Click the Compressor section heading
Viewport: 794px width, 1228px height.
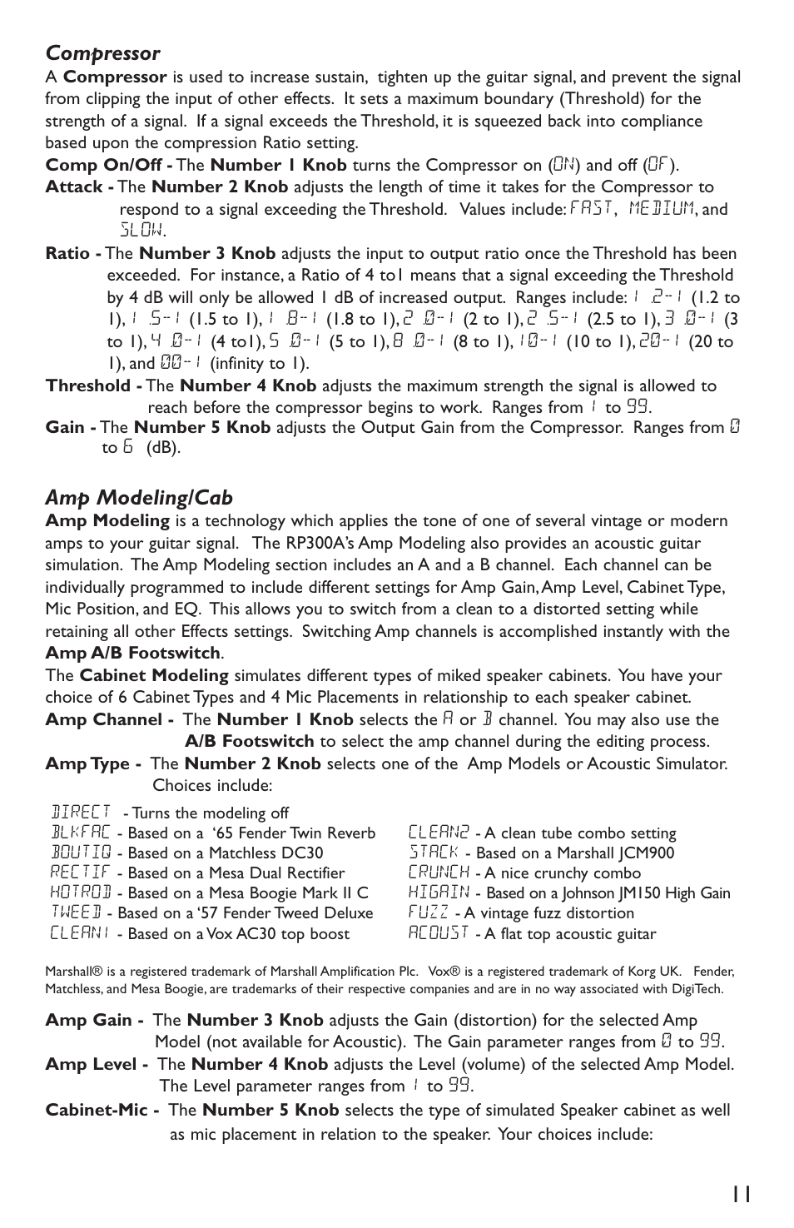pyautogui.click(x=102, y=53)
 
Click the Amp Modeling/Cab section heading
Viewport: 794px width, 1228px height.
pyautogui.click(x=139, y=498)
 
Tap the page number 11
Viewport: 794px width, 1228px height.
pyautogui.click(x=742, y=1194)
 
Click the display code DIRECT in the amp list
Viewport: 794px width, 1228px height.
pyautogui.click(x=81, y=812)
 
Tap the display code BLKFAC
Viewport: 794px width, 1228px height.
pyautogui.click(x=80, y=833)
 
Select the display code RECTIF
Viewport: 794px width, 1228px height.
pyautogui.click(x=80, y=873)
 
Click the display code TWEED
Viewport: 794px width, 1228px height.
pyautogui.click(x=76, y=912)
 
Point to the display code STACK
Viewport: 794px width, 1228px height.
pyautogui.click(x=434, y=853)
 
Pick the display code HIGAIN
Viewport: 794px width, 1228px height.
pyautogui.click(x=439, y=892)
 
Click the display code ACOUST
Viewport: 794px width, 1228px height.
pyautogui.click(x=439, y=933)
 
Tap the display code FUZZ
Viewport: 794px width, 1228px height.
pyautogui.click(x=429, y=912)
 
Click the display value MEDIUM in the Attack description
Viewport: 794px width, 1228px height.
pyautogui.click(x=661, y=208)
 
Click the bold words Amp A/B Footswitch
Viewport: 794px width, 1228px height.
pyautogui.click(x=133, y=653)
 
